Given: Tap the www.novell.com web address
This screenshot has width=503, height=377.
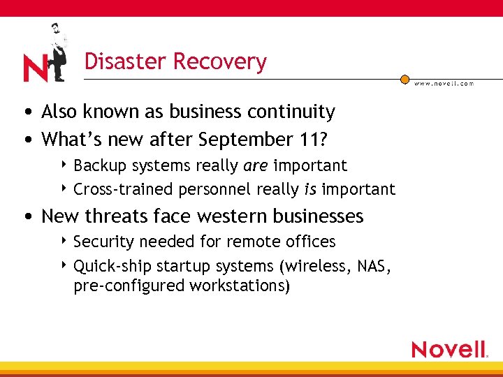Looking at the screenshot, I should click(x=444, y=83).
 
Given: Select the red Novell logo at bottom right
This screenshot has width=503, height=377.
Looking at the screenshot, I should click(x=449, y=348).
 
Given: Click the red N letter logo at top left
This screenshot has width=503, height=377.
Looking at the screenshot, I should click(x=35, y=68).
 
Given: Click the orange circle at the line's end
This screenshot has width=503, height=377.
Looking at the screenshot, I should click(x=404, y=79).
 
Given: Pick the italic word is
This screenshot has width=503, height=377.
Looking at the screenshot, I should click(x=310, y=189).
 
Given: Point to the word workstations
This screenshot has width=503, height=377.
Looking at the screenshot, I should click(x=235, y=286).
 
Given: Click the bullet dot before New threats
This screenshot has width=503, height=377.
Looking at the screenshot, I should click(x=26, y=216).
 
